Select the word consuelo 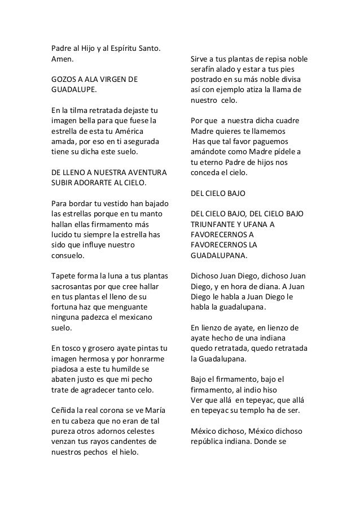click(67, 255)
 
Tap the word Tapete click(63, 276)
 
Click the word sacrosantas click(72, 286)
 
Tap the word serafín click(205, 69)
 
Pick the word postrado click(208, 79)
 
